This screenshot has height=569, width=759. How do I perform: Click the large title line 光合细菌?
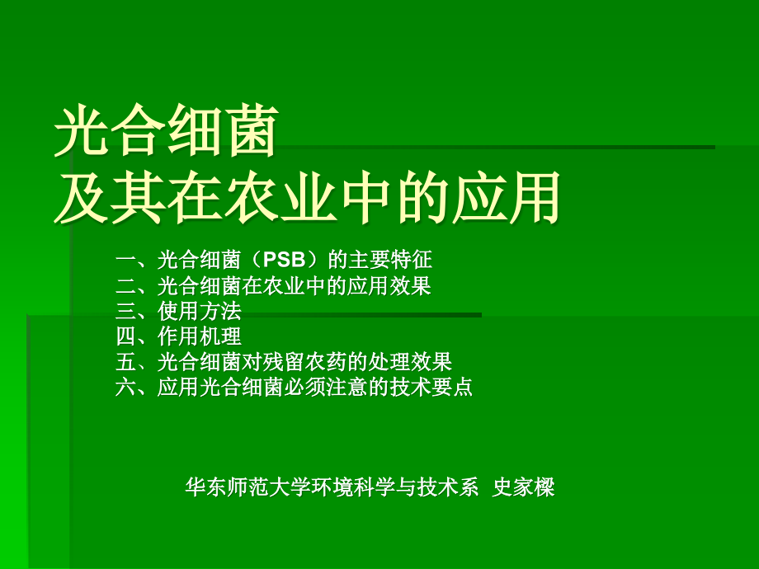coord(166,130)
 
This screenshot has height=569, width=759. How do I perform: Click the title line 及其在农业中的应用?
coord(307,198)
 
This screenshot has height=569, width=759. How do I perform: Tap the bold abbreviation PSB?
coord(284,260)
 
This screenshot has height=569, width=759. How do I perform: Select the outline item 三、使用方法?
coord(178,311)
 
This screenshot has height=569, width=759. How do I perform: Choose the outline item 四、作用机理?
coord(178,336)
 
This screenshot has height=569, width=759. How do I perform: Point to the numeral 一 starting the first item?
coord(126,261)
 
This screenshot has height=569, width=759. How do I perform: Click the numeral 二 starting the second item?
coord(126,285)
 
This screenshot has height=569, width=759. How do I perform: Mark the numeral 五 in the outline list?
coord(126,361)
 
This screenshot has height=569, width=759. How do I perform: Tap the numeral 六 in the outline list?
coord(126,387)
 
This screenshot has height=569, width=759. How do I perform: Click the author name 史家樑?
coord(523,487)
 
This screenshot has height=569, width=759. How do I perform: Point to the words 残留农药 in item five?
coord(304,361)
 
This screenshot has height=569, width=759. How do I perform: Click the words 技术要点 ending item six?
coord(431,387)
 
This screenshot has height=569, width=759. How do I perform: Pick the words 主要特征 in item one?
coord(390,260)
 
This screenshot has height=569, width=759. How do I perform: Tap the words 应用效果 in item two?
coord(389,285)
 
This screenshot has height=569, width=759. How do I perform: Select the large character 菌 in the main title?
coord(252,130)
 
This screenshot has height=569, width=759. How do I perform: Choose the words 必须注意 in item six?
coord(326,387)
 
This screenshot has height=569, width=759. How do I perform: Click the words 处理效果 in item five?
coord(410,361)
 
